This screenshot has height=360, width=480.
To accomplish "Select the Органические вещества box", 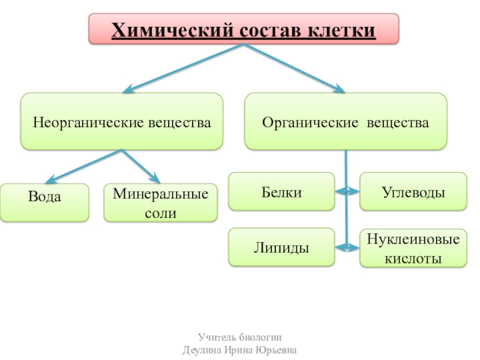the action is click(x=346, y=122).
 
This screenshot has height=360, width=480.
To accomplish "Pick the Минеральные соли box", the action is click(x=160, y=203).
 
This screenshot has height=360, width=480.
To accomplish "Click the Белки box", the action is click(x=281, y=191).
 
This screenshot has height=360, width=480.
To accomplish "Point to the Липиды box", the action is click(x=281, y=247).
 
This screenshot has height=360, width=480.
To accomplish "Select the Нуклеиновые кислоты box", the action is click(x=413, y=248).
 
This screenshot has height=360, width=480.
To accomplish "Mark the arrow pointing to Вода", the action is click(x=84, y=166).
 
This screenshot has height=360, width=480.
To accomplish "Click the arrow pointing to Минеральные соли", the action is click(x=142, y=166).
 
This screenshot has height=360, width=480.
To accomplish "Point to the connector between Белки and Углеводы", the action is click(x=346, y=192).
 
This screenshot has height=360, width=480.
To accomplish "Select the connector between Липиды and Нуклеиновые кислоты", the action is click(x=346, y=247).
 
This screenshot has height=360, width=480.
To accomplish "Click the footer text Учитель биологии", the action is click(x=239, y=337).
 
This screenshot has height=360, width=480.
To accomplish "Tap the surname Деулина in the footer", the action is click(x=201, y=350).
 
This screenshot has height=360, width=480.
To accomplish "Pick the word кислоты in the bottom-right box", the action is click(x=413, y=259).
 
